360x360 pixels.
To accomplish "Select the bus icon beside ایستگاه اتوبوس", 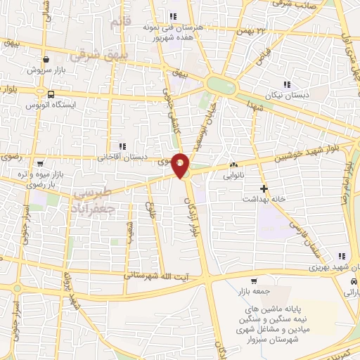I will click(50, 94).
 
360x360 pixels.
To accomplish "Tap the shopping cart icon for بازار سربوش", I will click(46, 60).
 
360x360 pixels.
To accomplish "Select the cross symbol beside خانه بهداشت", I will click(264, 188).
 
